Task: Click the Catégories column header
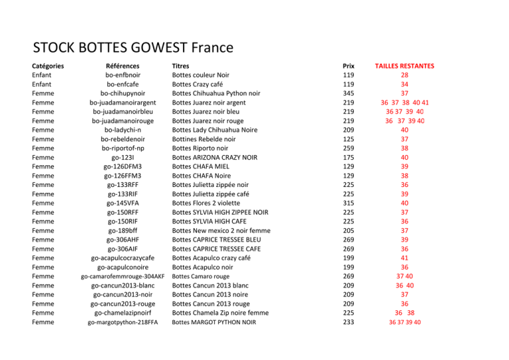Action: click(48, 66)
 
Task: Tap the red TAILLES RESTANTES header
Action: click(404, 66)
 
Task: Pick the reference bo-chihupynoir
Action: click(123, 93)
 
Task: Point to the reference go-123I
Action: click(123, 158)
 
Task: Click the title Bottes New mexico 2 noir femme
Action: click(221, 231)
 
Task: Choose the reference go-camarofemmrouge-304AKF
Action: click(123, 276)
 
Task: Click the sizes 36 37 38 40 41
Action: click(404, 103)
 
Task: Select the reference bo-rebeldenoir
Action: click(123, 139)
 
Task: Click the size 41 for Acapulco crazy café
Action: click(404, 258)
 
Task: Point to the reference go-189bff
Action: click(123, 231)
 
